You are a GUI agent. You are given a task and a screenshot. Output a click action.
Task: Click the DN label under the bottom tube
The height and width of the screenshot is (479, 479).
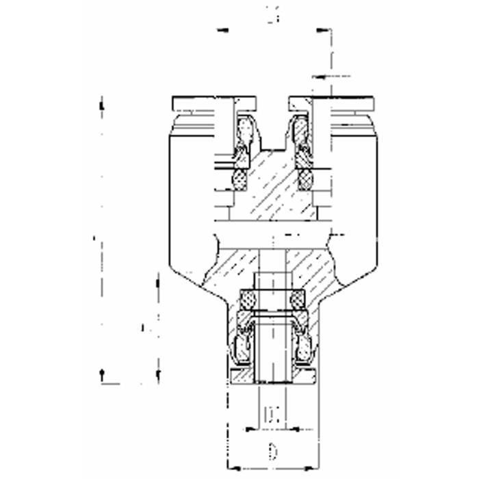(x=272, y=415)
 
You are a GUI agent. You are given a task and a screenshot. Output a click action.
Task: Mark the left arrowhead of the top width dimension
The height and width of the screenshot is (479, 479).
(x=219, y=30)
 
